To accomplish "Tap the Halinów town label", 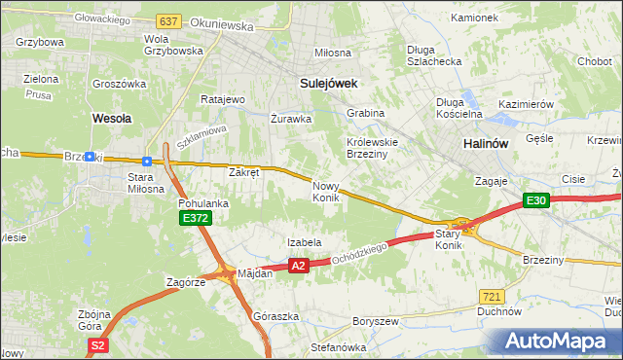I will pos(483,143).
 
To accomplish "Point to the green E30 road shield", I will pos(536,200).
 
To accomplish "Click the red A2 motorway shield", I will pos(299,265).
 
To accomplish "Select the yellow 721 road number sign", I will pos(493,295).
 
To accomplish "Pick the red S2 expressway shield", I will pos(96,345).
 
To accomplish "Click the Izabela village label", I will pos(304,242).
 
